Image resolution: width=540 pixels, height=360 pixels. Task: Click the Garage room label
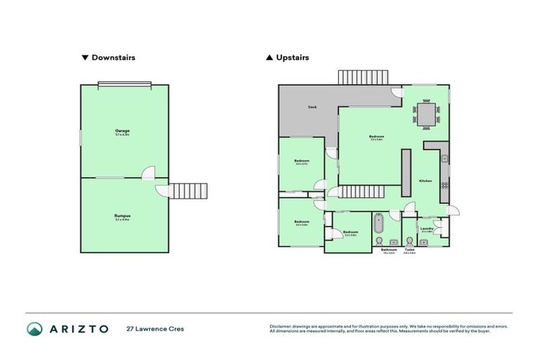(122, 131)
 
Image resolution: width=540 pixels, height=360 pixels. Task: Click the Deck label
(312, 108)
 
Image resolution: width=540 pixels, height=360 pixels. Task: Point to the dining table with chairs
(427, 113)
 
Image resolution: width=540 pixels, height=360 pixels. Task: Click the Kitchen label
(426, 181)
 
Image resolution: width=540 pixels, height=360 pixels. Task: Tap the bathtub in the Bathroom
(380, 224)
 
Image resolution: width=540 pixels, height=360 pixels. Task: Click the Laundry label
(425, 228)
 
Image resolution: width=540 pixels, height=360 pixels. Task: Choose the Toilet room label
(410, 249)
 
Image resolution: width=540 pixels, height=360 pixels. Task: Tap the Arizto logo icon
(34, 328)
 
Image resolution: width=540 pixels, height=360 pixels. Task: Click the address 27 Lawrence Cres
(155, 328)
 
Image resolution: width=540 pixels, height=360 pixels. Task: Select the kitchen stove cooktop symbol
(444, 185)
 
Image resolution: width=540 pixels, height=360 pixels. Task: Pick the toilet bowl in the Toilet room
(410, 240)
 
